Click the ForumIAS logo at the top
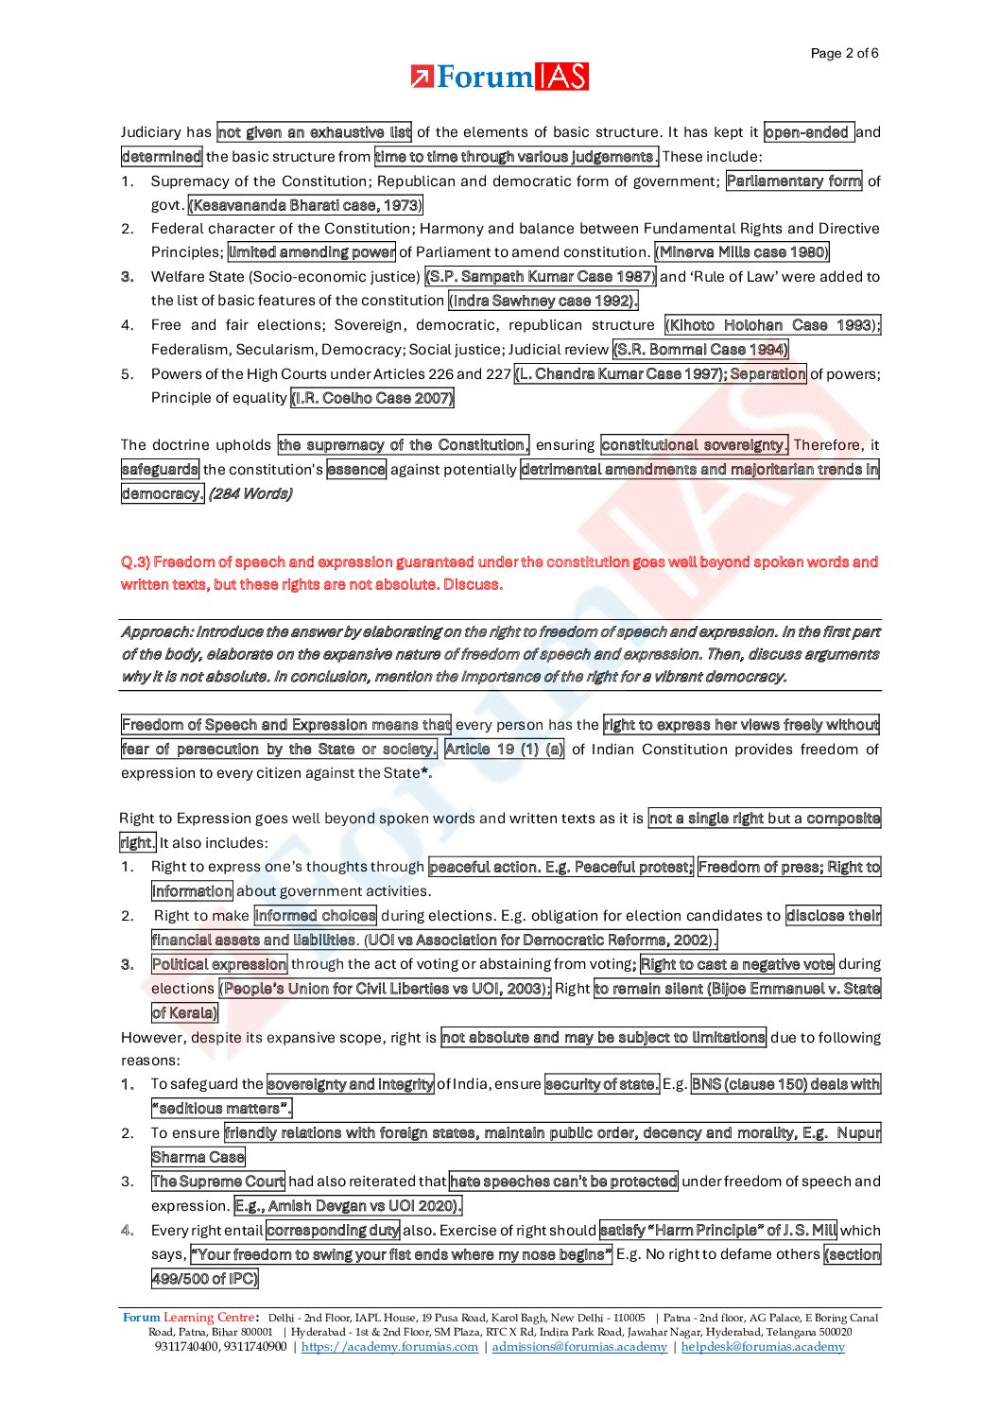[x=500, y=78]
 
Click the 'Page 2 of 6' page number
[x=844, y=53]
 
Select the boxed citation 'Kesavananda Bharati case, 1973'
[x=305, y=205]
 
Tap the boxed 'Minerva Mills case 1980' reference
[x=742, y=252]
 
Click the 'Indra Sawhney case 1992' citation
[x=543, y=301]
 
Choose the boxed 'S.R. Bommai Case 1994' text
[x=700, y=350]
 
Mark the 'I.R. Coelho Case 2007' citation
[x=372, y=398]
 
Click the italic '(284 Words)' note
[x=250, y=493]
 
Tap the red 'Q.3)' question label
[x=135, y=562]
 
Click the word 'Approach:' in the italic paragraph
[x=156, y=631]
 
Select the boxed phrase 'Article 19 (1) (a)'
[x=504, y=750]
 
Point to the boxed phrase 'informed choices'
[x=315, y=916]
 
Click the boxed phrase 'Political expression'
[x=219, y=965]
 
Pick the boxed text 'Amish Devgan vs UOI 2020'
[x=348, y=1206]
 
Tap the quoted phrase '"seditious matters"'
[x=222, y=1109]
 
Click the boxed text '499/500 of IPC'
[x=204, y=1279]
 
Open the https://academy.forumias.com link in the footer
[x=389, y=1347]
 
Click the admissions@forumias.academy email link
[x=579, y=1347]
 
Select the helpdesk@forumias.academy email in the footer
[x=763, y=1347]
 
